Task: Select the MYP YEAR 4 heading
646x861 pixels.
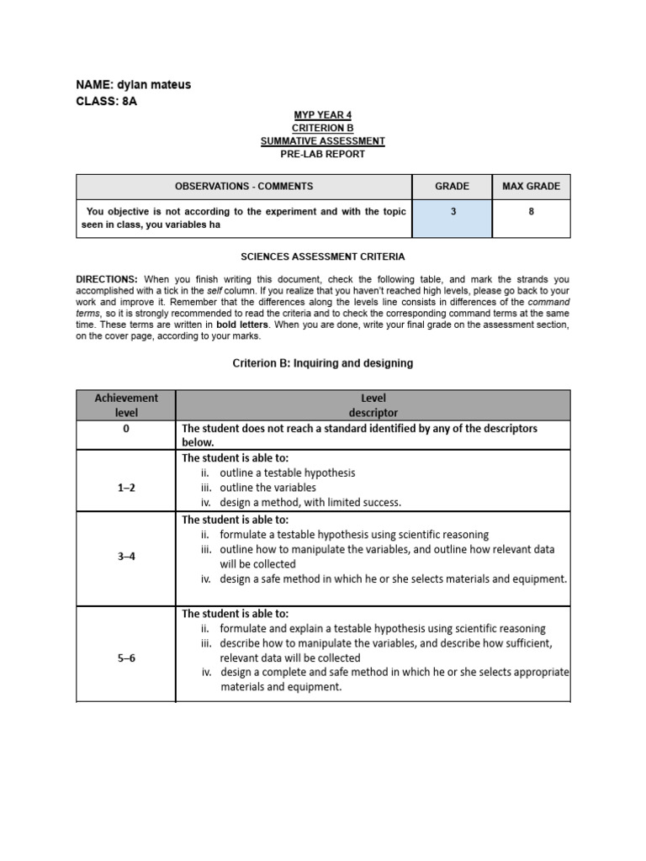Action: [322, 114]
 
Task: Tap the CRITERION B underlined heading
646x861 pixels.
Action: [322, 128]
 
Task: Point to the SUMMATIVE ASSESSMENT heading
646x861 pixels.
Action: [322, 141]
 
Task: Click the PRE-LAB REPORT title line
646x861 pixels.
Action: [322, 154]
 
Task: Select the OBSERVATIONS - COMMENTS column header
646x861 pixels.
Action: [244, 187]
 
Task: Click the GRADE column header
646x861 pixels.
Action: [452, 187]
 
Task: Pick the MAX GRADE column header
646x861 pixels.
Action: [531, 187]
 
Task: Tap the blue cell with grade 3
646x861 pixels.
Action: [452, 218]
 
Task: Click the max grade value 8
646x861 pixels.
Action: [531, 212]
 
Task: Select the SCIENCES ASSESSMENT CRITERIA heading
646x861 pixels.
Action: [322, 256]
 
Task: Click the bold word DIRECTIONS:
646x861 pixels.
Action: [107, 279]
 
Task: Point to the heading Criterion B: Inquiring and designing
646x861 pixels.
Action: [322, 363]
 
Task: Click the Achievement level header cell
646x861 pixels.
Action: [126, 405]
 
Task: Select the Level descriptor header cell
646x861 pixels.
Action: [373, 405]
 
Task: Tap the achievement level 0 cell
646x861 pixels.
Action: [126, 429]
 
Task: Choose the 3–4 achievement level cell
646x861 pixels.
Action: [126, 556]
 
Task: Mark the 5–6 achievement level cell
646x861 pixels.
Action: [126, 658]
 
